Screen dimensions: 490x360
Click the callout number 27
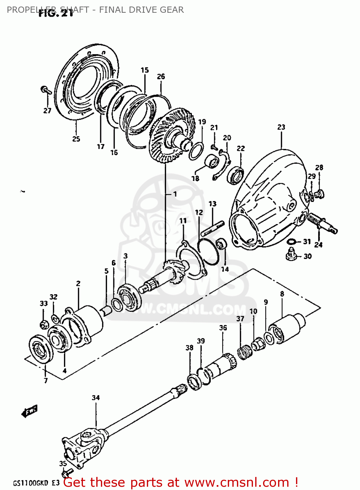47,111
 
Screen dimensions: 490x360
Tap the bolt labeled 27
46,90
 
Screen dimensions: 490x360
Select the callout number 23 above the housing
281,127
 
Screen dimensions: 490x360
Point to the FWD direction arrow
30,411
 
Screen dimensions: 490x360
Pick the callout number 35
63,464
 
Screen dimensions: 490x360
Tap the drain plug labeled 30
291,254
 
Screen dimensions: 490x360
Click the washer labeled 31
291,242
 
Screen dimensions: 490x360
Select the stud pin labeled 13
212,228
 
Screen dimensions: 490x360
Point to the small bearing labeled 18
211,161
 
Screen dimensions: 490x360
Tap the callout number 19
202,122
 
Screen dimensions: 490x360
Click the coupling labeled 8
286,328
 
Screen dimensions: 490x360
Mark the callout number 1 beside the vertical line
175,194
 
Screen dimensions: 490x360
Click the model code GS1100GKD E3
36,483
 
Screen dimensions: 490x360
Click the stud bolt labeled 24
323,224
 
